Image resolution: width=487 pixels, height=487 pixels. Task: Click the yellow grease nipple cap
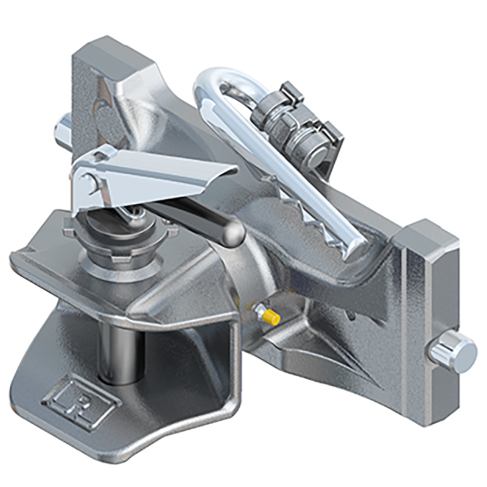272,317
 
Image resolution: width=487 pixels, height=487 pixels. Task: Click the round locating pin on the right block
454,352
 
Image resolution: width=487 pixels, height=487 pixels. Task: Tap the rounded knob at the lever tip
230,234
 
